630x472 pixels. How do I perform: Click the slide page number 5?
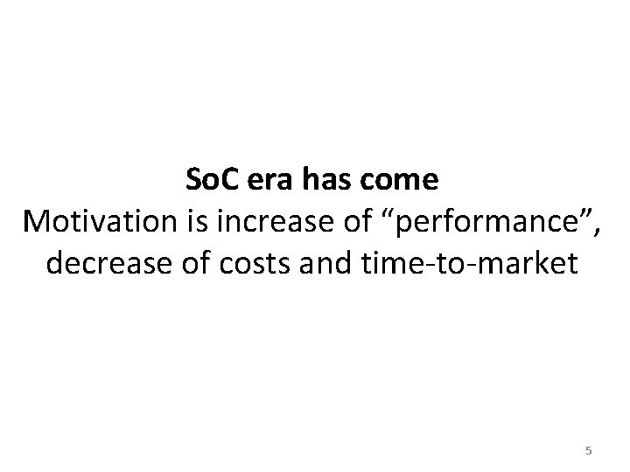588,451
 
